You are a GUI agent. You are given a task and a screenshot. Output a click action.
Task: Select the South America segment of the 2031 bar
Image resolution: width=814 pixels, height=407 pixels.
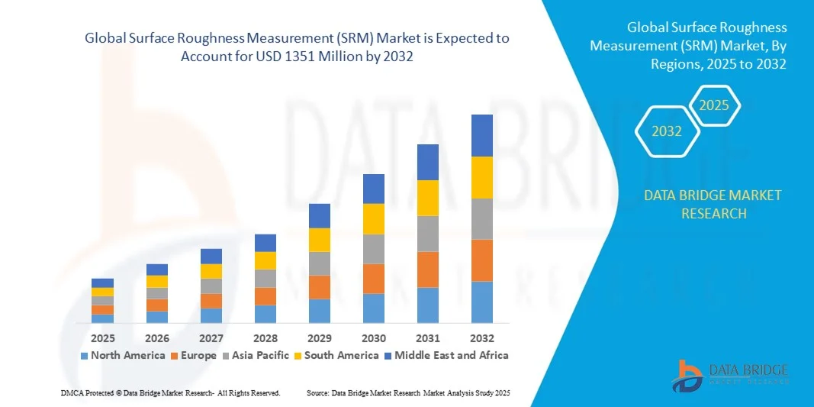[x=427, y=198]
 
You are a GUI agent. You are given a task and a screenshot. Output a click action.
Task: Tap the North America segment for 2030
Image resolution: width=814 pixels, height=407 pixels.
[x=373, y=308]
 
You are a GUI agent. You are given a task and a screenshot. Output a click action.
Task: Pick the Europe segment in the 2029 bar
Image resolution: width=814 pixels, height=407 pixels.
[x=319, y=286]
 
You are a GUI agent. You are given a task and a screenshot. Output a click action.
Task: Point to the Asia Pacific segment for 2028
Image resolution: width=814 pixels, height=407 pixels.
[x=265, y=278]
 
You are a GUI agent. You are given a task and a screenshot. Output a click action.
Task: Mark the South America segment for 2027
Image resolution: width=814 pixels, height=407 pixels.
[x=211, y=271]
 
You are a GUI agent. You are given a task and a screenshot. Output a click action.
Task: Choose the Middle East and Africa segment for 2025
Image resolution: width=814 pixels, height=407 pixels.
[x=102, y=283]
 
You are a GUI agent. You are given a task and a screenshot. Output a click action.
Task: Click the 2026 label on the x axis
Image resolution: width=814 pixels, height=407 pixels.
[x=156, y=338]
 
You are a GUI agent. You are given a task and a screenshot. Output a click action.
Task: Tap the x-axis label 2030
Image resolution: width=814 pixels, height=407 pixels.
[x=373, y=338]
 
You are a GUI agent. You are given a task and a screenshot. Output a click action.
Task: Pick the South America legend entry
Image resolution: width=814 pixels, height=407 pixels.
[x=336, y=355]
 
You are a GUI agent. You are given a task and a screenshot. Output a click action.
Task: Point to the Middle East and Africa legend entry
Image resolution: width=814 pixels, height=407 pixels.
[x=446, y=355]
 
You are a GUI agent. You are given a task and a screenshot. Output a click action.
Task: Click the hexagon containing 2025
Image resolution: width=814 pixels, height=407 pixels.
[x=714, y=105]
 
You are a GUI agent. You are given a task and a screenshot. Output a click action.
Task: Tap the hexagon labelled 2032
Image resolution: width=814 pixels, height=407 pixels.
[x=666, y=131]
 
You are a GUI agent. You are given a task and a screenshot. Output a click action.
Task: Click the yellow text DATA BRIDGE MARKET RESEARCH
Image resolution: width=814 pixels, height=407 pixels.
[x=713, y=204]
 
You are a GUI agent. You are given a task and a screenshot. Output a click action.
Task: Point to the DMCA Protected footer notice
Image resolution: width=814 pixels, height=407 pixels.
[x=170, y=392]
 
